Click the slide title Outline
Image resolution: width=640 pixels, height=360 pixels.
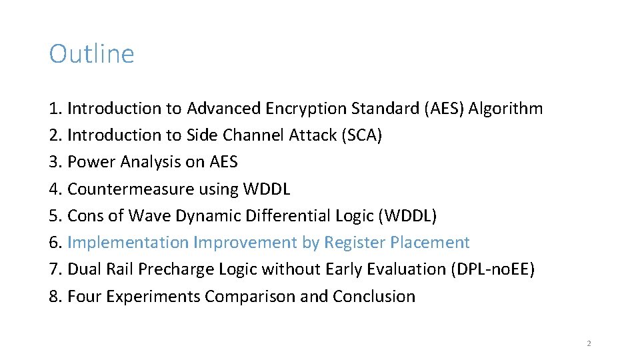tap(91, 54)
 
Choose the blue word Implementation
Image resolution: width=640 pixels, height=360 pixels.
tap(128, 243)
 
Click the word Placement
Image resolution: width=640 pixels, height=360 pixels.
tap(430, 243)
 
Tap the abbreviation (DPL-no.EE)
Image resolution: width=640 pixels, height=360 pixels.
tap(493, 269)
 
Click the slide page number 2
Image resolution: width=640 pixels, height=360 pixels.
tap(589, 343)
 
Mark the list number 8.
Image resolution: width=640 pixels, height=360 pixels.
tap(54, 297)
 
